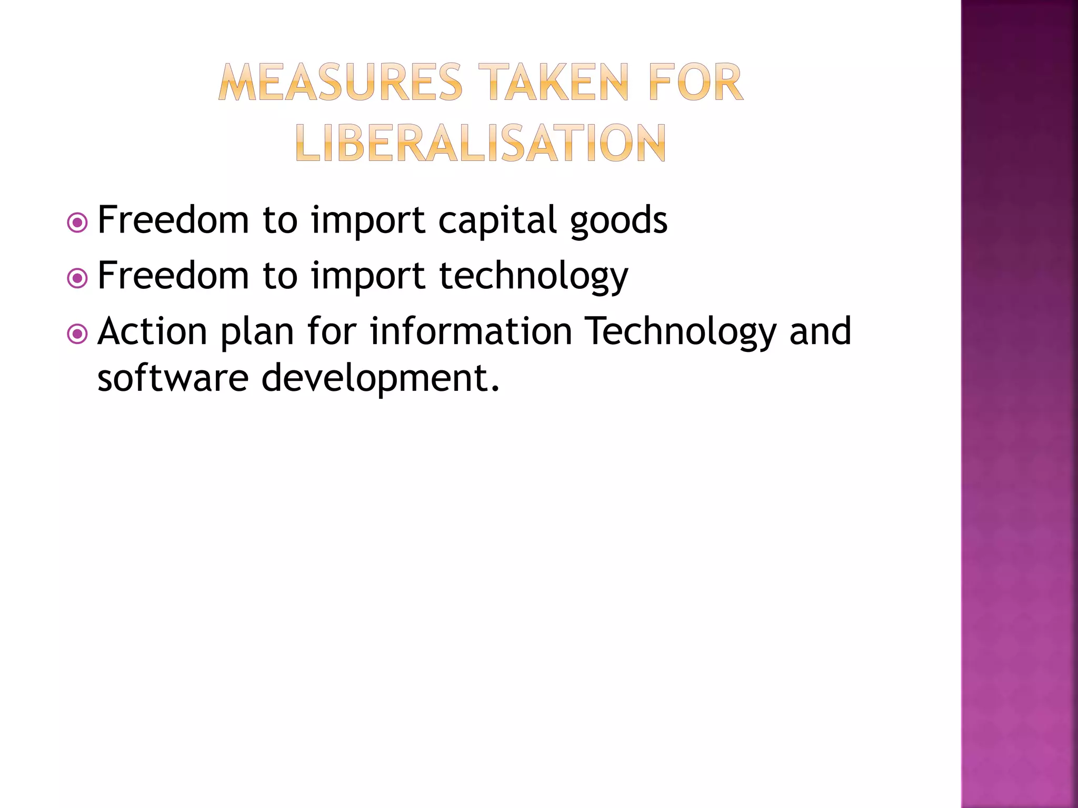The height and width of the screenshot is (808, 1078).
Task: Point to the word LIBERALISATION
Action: point(481,143)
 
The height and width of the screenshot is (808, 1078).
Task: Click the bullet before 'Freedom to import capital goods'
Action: point(77,223)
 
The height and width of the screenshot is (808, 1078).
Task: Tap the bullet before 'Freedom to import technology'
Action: point(77,278)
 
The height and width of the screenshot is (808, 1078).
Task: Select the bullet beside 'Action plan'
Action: point(77,334)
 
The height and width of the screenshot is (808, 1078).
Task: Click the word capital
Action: point(497,220)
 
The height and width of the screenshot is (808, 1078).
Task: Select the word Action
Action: point(153,331)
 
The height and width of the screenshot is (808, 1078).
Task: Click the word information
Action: point(471,331)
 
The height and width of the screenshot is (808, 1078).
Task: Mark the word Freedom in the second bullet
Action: point(173,276)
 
